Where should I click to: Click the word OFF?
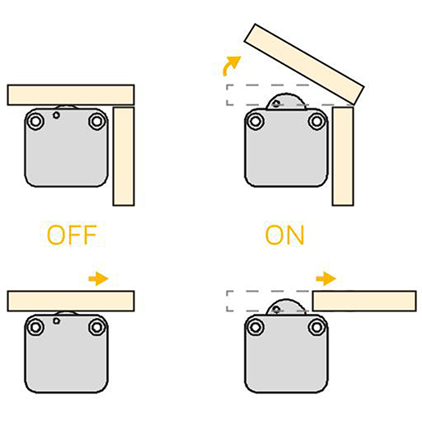point(72,235)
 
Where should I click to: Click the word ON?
point(284,235)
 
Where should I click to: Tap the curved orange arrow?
point(231,65)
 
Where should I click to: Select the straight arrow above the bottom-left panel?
point(98,279)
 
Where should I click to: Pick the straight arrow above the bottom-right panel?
point(326,279)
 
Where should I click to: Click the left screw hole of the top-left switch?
point(35,121)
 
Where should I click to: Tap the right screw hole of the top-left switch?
point(97,121)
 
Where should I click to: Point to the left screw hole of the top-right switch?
point(256,121)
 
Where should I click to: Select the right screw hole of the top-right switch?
point(317,121)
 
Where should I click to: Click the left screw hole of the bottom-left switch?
point(35,327)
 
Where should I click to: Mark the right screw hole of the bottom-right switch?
point(317,327)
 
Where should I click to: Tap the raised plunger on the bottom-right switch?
point(286,308)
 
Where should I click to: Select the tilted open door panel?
point(304,64)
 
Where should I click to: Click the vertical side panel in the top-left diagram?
point(124,157)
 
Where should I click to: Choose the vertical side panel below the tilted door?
point(343,157)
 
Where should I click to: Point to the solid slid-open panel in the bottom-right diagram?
point(365,301)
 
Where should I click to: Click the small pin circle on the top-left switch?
point(57,116)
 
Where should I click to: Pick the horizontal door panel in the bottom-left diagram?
point(70,301)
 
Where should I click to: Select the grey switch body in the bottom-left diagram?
point(66,354)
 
